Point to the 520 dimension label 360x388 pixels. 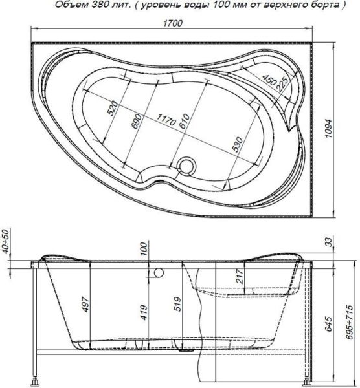pyautogui.click(x=112, y=108)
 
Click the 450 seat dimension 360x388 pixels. pyautogui.click(x=270, y=83)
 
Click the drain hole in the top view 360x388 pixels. pyautogui.click(x=188, y=166)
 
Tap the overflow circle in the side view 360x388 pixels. pyautogui.click(x=156, y=273)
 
